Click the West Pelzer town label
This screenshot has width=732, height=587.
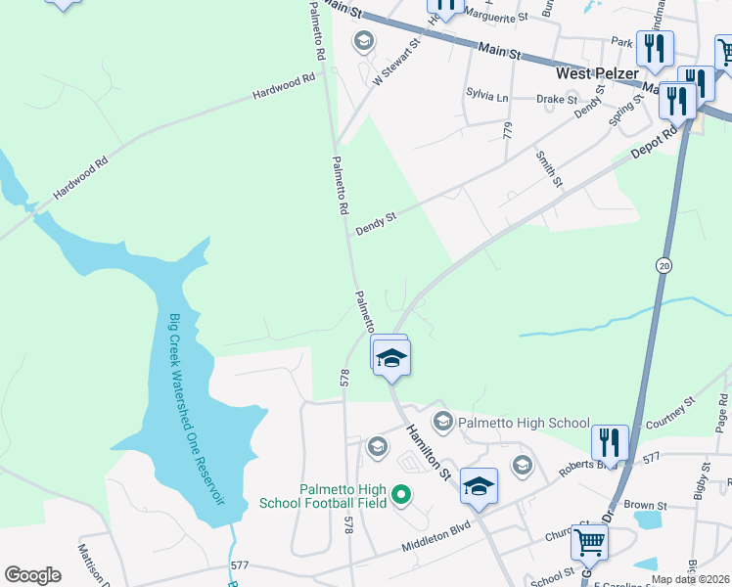click(x=598, y=72)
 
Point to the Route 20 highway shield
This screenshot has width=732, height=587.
click(x=663, y=266)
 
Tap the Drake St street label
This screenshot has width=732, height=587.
click(x=558, y=99)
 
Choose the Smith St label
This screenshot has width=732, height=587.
click(x=548, y=169)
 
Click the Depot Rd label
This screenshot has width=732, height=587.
click(x=655, y=142)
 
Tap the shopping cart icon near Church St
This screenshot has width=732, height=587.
click(x=590, y=540)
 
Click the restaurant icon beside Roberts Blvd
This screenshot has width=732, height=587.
click(x=609, y=440)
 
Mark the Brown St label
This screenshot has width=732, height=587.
click(x=645, y=506)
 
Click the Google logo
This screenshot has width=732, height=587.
click(x=32, y=575)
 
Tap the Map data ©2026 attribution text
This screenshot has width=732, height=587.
click(x=690, y=578)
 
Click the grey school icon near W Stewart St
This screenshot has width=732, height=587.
click(x=363, y=40)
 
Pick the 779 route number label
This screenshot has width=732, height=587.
click(x=507, y=130)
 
